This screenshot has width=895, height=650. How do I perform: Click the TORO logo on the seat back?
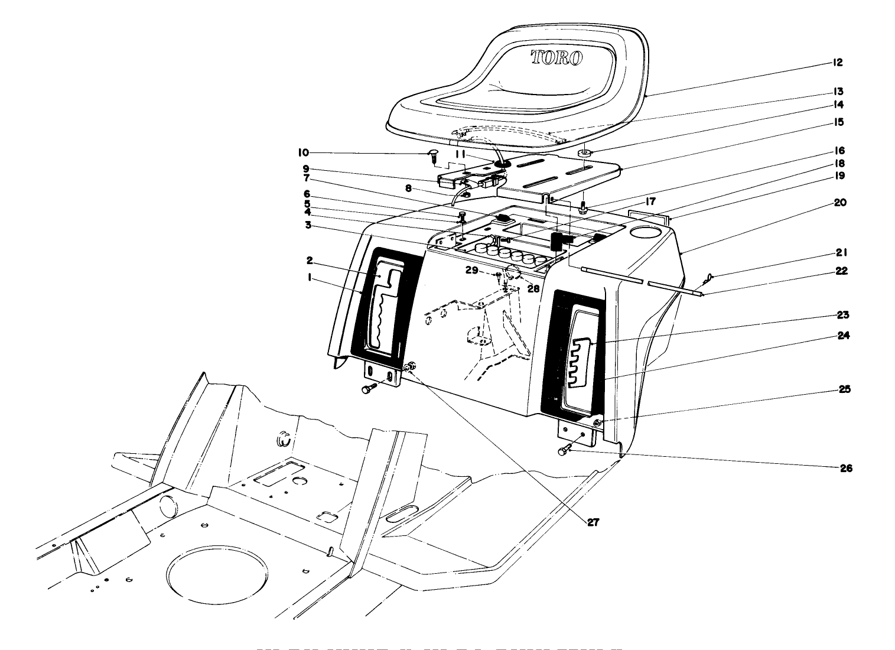(x=557, y=57)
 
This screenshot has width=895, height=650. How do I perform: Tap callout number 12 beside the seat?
(x=838, y=63)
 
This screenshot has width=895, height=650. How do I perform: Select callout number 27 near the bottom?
(x=593, y=522)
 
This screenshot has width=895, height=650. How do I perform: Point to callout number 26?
(x=846, y=468)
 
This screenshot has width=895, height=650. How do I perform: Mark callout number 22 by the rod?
(x=841, y=271)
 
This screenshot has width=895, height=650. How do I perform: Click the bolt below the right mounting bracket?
(x=564, y=451)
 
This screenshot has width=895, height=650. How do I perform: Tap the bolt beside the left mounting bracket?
(x=367, y=389)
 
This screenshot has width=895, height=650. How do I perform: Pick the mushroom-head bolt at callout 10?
(x=432, y=155)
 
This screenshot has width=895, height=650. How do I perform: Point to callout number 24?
(x=843, y=335)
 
